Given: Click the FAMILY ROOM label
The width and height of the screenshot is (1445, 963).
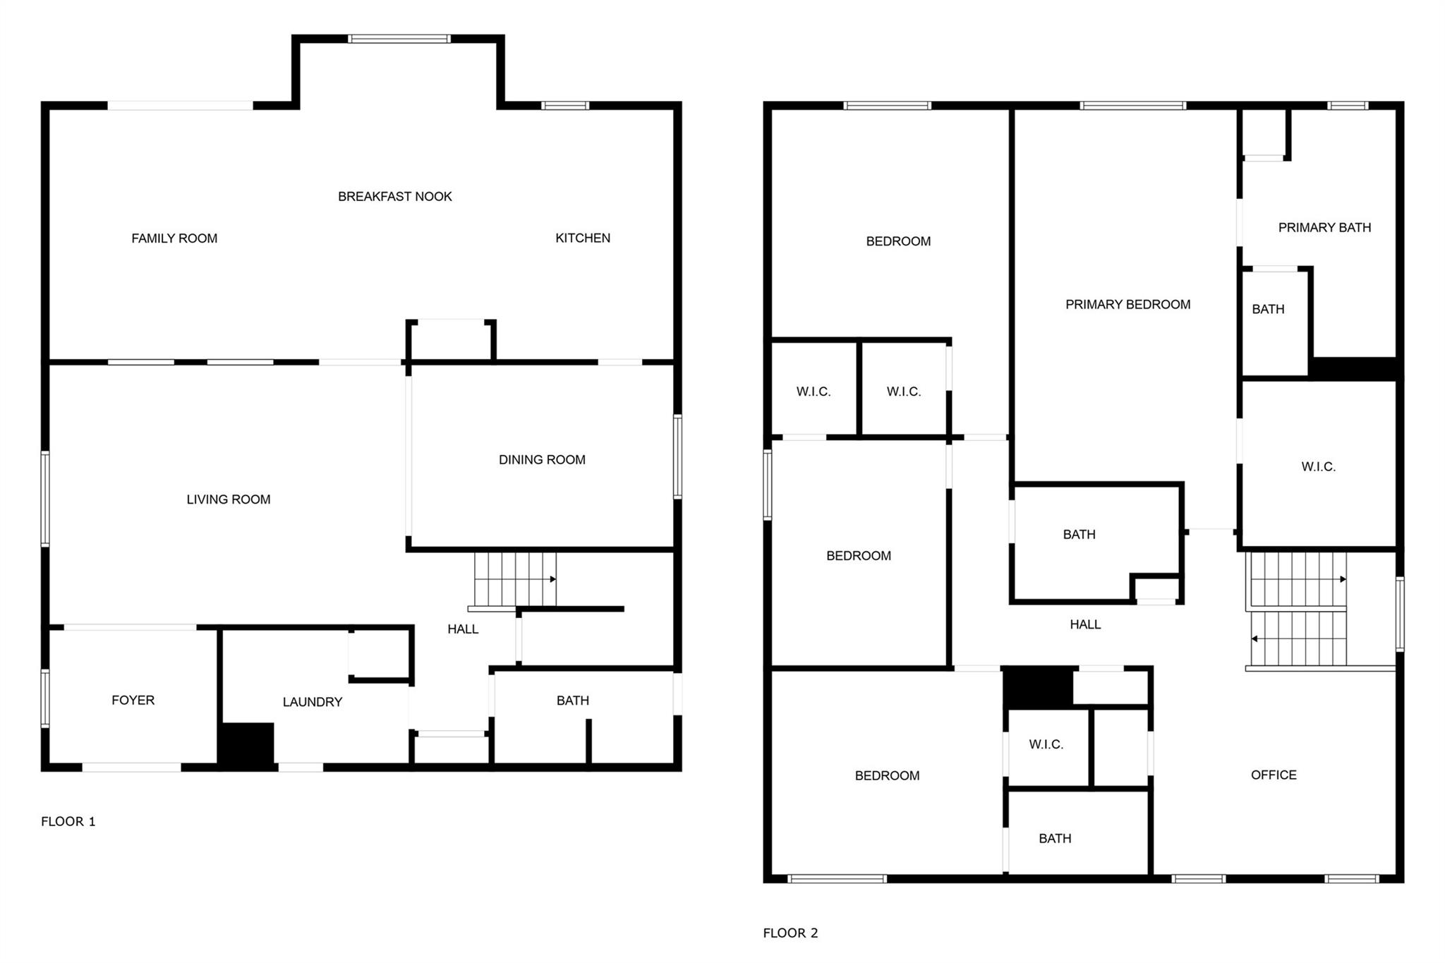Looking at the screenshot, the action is pyautogui.click(x=174, y=238).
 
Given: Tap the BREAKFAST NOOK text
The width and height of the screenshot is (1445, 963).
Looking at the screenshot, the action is pyautogui.click(x=395, y=197).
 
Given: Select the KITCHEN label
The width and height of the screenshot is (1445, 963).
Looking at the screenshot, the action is pyautogui.click(x=583, y=238).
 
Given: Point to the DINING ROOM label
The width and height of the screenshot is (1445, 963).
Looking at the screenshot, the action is pyautogui.click(x=542, y=460).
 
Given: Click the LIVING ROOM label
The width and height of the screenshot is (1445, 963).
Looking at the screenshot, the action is pyautogui.click(x=229, y=499).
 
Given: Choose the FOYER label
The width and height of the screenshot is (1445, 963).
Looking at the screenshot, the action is pyautogui.click(x=133, y=700).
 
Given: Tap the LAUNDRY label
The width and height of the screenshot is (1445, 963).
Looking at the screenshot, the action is pyautogui.click(x=313, y=702).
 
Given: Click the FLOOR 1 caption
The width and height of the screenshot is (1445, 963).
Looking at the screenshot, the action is pyautogui.click(x=68, y=821).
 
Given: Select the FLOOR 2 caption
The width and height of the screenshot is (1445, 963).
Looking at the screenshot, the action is pyautogui.click(x=791, y=933).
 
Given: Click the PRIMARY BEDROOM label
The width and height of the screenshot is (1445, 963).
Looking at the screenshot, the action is pyautogui.click(x=1128, y=305).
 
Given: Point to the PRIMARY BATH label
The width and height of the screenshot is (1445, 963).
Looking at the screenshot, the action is pyautogui.click(x=1325, y=228).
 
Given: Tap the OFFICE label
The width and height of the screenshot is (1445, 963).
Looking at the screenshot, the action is pyautogui.click(x=1274, y=775).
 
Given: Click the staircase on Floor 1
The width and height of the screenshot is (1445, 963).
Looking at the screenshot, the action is pyautogui.click(x=515, y=580).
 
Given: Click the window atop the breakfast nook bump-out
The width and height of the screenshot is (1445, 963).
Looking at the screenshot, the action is pyautogui.click(x=399, y=39).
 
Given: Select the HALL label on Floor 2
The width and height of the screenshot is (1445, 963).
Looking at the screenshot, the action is pyautogui.click(x=1085, y=624).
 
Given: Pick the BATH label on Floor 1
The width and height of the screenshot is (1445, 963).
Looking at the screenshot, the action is pyautogui.click(x=573, y=701).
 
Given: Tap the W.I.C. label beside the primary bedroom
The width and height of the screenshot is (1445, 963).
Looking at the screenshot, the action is pyautogui.click(x=1319, y=467).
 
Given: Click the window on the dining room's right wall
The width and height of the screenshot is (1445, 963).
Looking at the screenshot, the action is pyautogui.click(x=678, y=457).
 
